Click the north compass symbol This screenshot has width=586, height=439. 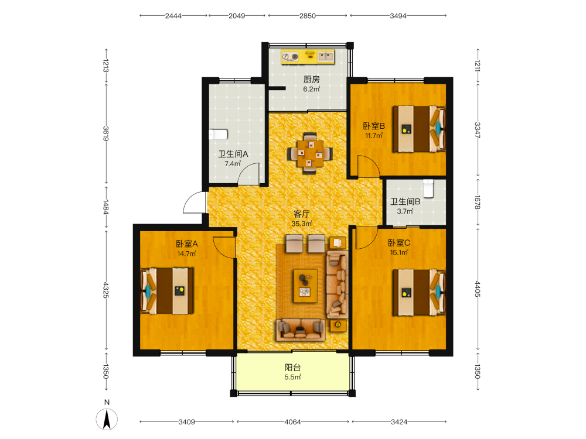[x=107, y=419]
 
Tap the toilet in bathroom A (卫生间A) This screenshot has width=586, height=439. [x=218, y=135]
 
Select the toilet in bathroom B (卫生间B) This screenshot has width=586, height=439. [x=428, y=188]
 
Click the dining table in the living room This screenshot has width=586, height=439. [x=310, y=153]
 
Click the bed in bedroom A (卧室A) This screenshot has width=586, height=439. [x=167, y=291]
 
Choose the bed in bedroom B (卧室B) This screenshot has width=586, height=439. [x=419, y=129]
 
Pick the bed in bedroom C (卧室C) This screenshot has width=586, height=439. [x=419, y=292]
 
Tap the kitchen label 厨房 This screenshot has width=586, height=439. [x=311, y=79]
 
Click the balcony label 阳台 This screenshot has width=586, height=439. [x=292, y=368]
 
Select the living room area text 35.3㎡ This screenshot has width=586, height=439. [x=302, y=224]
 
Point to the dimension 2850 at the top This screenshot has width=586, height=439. [x=308, y=16]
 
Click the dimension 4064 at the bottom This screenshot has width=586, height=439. [x=292, y=422]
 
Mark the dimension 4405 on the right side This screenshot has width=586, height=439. [x=477, y=289]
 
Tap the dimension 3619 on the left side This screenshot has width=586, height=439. [x=105, y=133]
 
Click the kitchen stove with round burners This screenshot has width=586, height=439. [x=291, y=57]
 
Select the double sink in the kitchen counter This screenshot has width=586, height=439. [x=325, y=56]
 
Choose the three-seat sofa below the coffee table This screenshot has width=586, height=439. [x=301, y=330]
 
